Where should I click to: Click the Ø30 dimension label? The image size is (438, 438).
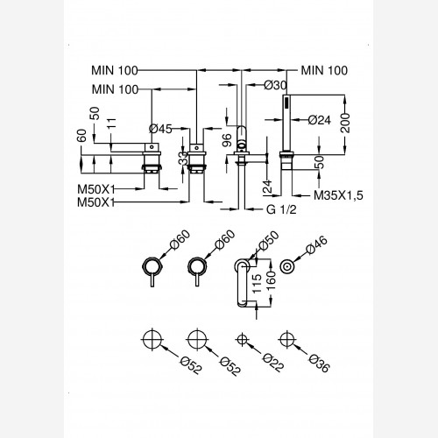click(x=275, y=85)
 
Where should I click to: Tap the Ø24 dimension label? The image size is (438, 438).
click(x=320, y=120)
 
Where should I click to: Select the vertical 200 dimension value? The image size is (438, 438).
click(x=345, y=124)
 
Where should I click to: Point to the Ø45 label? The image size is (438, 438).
click(x=160, y=129)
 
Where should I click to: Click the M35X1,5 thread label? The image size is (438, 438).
click(x=338, y=195)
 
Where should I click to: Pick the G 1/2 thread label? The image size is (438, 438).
click(x=281, y=209)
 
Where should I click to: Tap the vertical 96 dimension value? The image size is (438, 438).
click(x=227, y=140)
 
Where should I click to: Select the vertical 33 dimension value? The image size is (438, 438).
click(x=184, y=158)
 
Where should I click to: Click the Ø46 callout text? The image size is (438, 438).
click(x=316, y=244)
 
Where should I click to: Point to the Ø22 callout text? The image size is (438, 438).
click(x=273, y=363)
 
